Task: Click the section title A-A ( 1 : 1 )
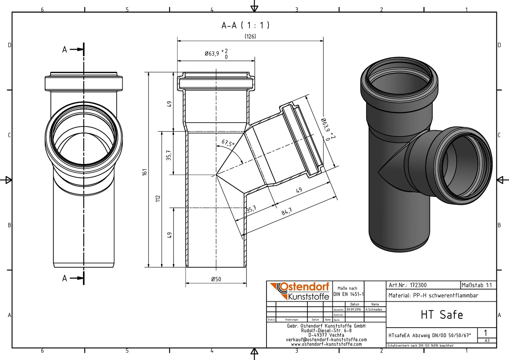[246, 25]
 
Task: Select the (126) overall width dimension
[250, 36]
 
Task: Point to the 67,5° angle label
[228, 143]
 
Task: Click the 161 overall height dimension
[145, 172]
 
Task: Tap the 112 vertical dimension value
[158, 199]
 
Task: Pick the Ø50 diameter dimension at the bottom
[216, 279]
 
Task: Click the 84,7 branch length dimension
[286, 211]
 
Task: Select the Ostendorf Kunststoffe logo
[299, 291]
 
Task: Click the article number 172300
[418, 285]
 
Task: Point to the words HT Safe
[442, 315]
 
